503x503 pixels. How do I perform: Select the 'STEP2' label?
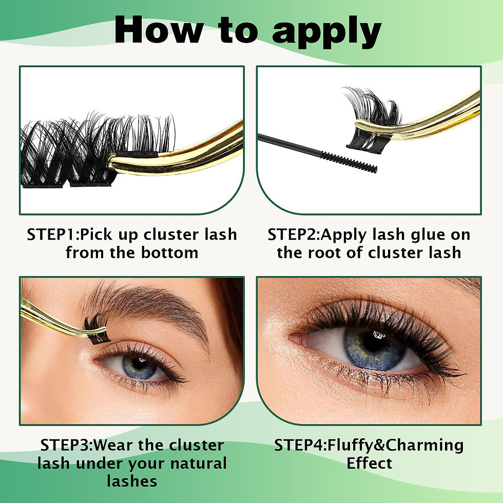click(x=294, y=235)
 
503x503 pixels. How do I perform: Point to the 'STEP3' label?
click(x=66, y=445)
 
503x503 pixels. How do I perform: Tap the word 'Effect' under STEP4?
click(x=369, y=463)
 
